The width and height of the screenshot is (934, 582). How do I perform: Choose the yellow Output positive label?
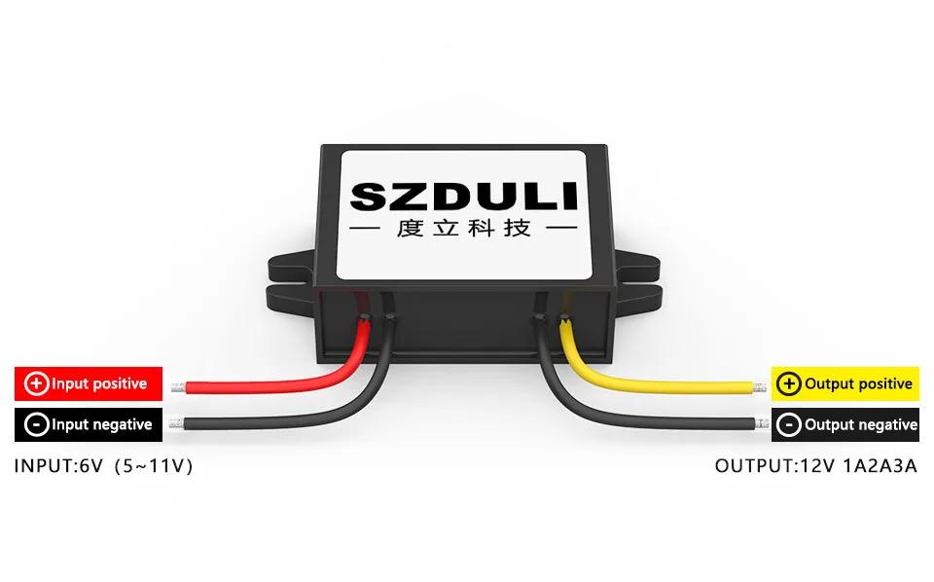pyautogui.click(x=844, y=383)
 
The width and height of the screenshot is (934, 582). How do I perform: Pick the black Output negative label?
pyautogui.click(x=844, y=424)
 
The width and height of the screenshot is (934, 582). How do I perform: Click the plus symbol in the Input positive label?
pyautogui.click(x=36, y=383)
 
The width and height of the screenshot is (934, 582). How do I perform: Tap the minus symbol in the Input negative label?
pyautogui.click(x=36, y=424)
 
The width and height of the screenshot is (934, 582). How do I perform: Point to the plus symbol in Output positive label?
pyautogui.click(x=790, y=383)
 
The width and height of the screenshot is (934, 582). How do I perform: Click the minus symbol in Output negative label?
pyautogui.click(x=790, y=424)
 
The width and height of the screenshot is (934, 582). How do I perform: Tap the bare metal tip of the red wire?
pyautogui.click(x=178, y=387)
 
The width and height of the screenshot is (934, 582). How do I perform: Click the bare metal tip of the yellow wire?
pyautogui.click(x=759, y=387)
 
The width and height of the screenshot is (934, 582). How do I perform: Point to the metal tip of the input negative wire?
pyautogui.click(x=176, y=424)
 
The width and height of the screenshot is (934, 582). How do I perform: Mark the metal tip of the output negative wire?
pyautogui.click(x=761, y=424)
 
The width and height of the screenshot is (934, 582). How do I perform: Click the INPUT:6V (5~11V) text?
pyautogui.click(x=104, y=466)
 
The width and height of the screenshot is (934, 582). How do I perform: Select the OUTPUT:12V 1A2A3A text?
pyautogui.click(x=816, y=466)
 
